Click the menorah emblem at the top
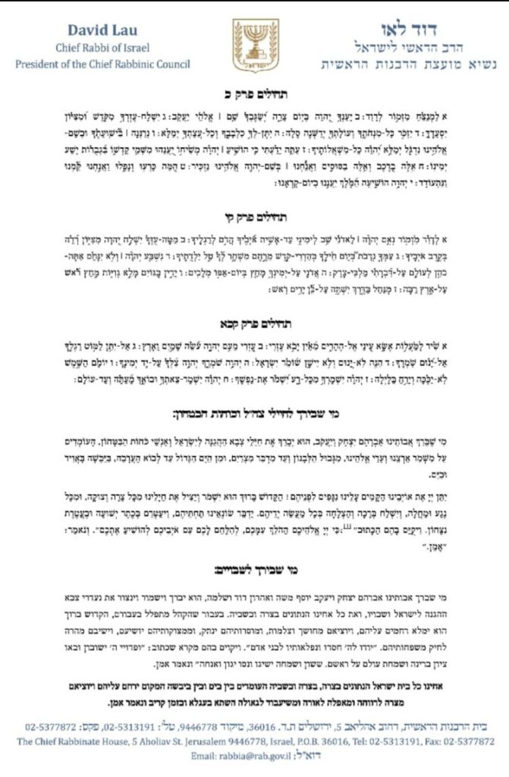255,44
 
